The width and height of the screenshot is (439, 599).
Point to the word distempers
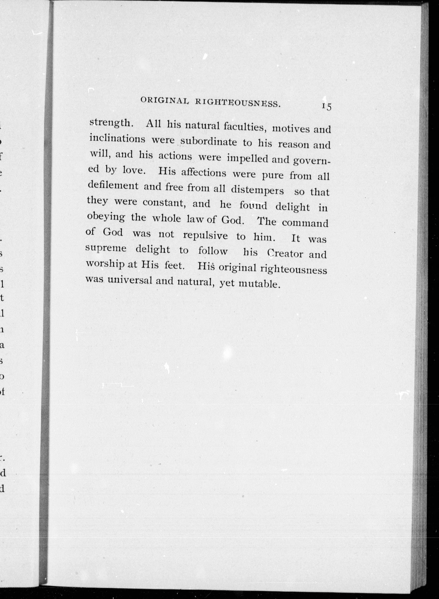pyautogui.click(x=257, y=190)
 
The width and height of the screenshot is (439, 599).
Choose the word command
pyautogui.click(x=305, y=223)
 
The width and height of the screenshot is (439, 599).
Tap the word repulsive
pyautogui.click(x=205, y=235)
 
